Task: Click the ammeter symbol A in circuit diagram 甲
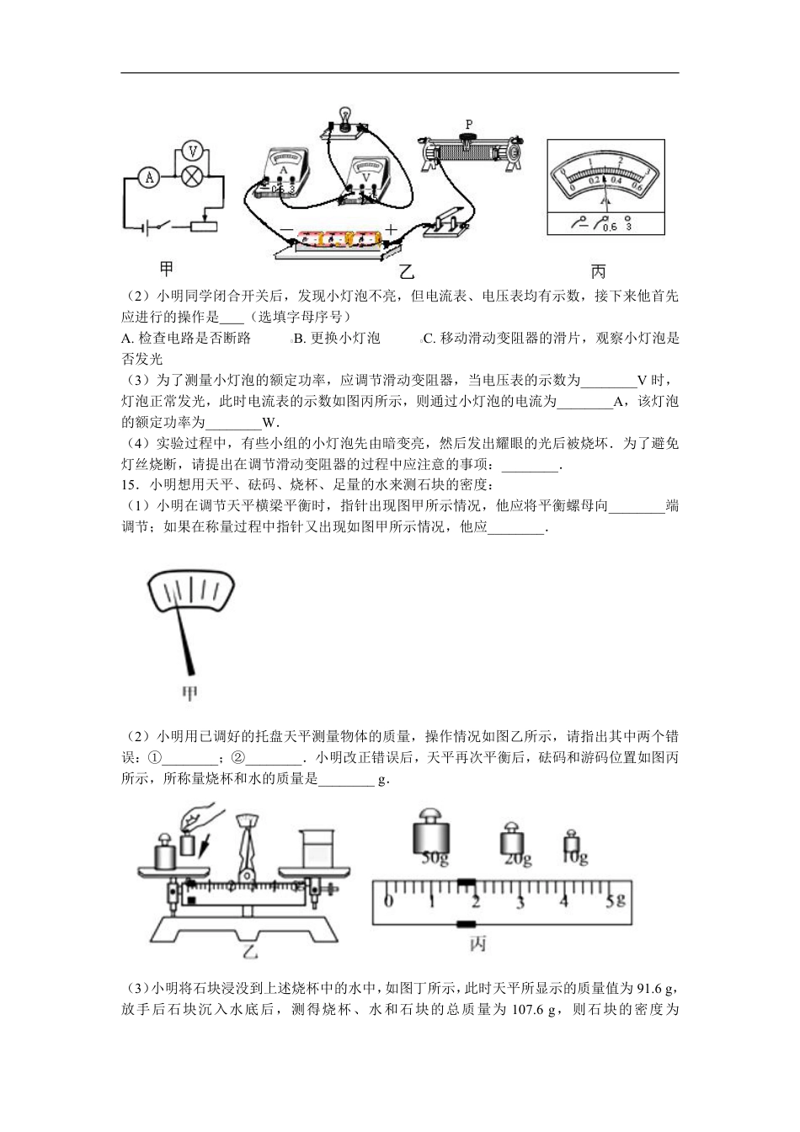[x=150, y=177]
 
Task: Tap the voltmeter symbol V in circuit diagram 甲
[x=193, y=152]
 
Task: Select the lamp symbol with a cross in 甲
[x=193, y=177]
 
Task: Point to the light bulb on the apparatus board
[x=343, y=115]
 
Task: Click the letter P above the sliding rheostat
[x=469, y=124]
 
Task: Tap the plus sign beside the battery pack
[x=391, y=229]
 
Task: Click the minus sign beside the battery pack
[x=286, y=229]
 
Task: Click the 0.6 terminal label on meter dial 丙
[x=610, y=227]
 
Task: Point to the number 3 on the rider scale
[x=520, y=902]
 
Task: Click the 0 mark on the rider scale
[x=387, y=902]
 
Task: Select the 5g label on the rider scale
[x=617, y=900]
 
